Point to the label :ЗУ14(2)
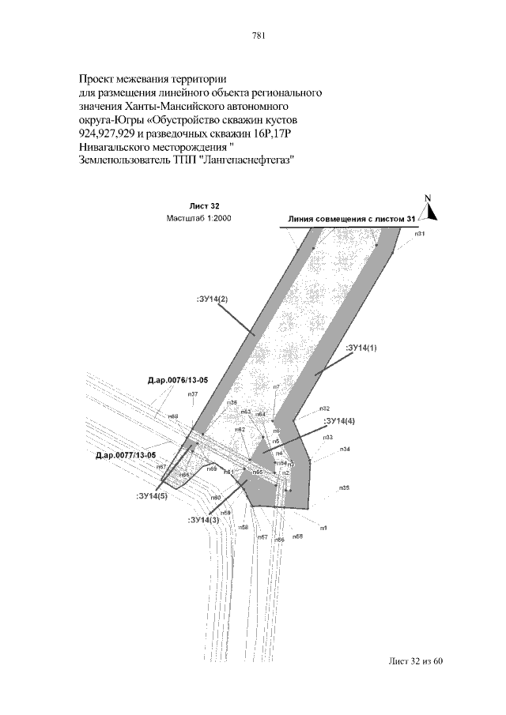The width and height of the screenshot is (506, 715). pos(212,299)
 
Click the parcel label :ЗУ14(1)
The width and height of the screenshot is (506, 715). pos(362,348)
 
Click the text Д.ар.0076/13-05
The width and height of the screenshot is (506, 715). pos(178,381)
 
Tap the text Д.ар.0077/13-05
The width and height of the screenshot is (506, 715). pos(126,456)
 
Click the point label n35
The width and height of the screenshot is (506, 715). pos(344,488)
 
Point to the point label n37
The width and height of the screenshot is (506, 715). pos(193,394)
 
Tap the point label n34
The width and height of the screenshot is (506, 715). pos(345,449)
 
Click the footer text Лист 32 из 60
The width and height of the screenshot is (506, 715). pos(413,660)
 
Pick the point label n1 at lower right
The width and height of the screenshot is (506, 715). pos(323,527)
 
